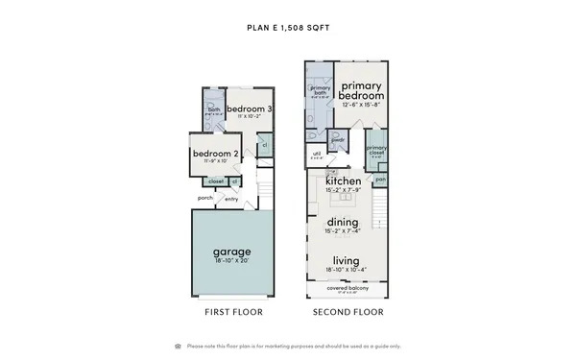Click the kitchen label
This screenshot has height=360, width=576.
343,181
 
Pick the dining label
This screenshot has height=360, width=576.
343,222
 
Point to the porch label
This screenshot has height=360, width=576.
205,198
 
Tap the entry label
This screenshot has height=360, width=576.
231,200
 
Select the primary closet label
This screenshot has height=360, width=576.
375,149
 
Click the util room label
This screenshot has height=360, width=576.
317,153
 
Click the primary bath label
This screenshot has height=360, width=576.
321,90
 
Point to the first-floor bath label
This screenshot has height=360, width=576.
214,109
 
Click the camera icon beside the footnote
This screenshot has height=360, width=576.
178,346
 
